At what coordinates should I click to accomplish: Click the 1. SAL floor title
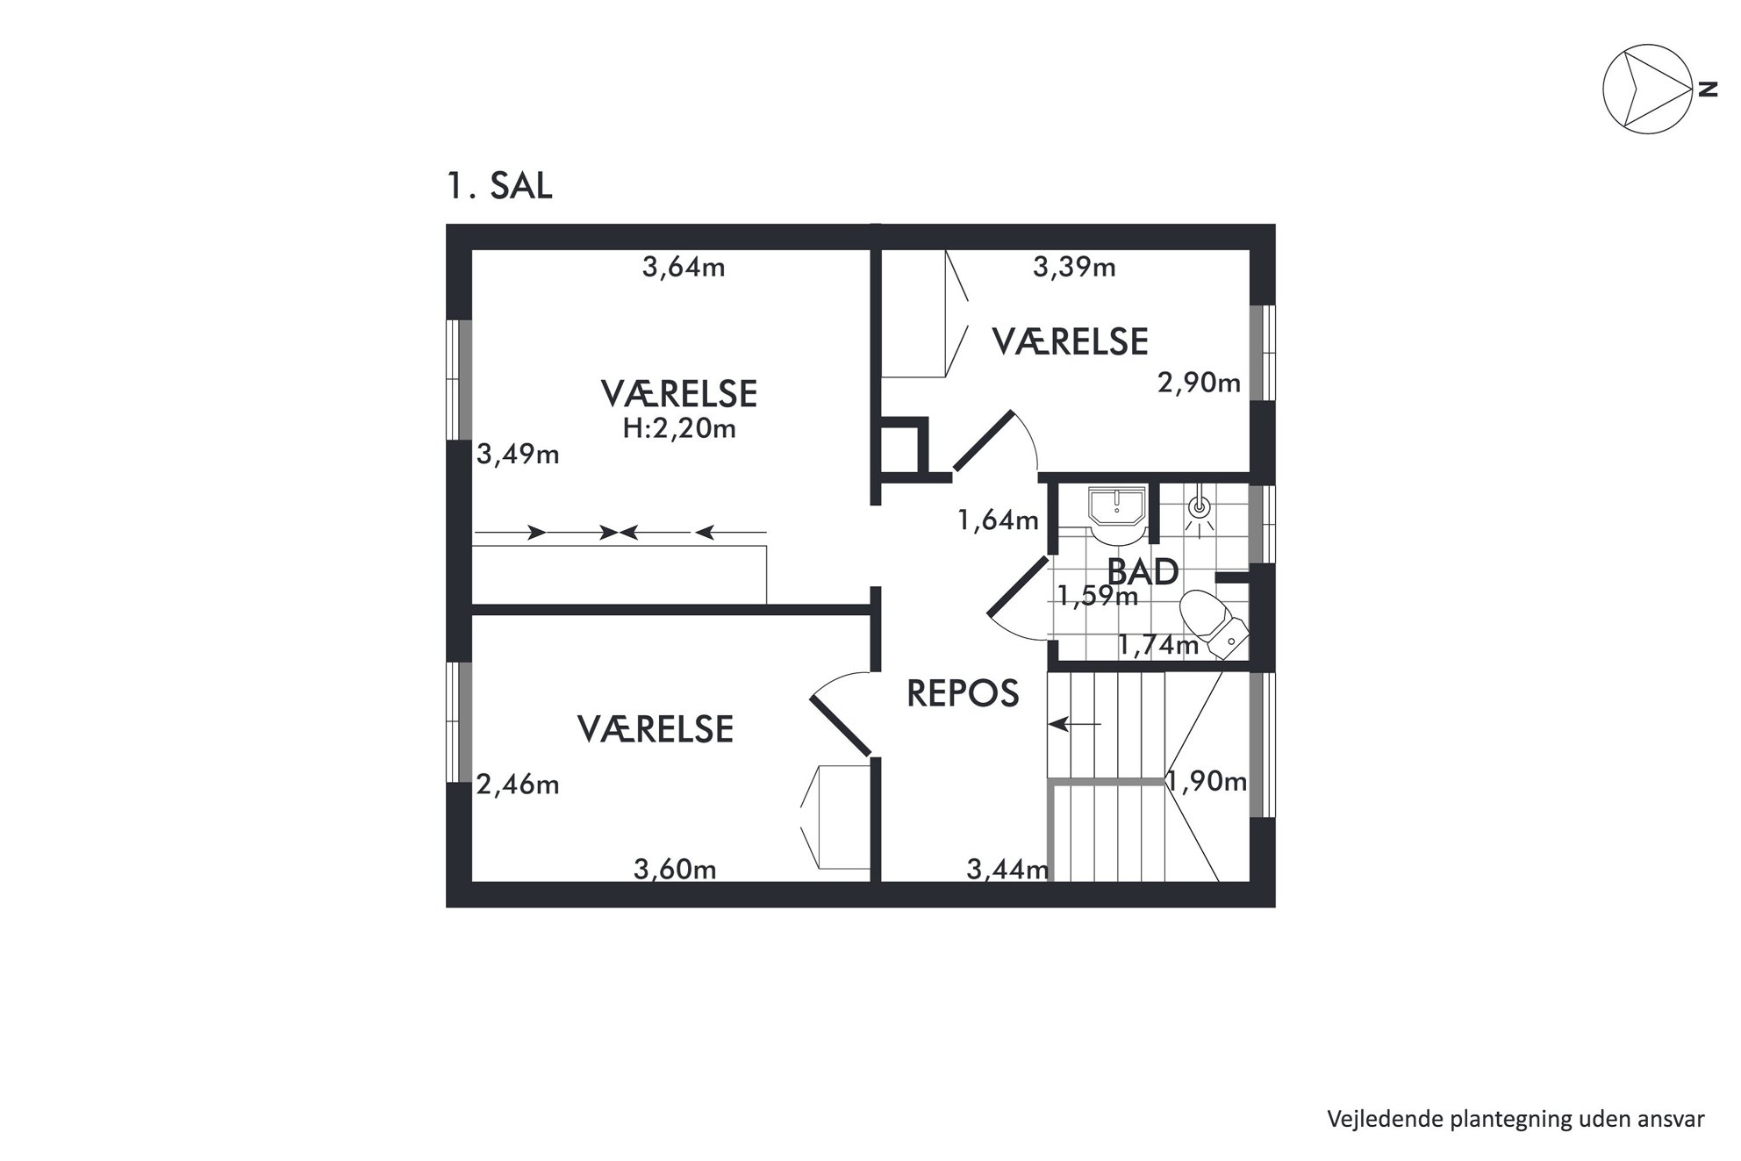(x=499, y=186)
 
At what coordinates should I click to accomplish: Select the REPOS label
(x=963, y=694)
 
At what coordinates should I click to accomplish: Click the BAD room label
(x=1143, y=572)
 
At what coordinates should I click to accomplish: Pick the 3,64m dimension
(x=684, y=267)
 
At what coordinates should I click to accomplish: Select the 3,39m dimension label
(x=1074, y=267)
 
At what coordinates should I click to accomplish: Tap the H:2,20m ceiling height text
(x=679, y=428)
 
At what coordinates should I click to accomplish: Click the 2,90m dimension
(x=1199, y=383)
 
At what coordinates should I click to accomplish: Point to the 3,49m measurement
(x=518, y=455)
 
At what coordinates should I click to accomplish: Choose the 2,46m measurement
(x=518, y=784)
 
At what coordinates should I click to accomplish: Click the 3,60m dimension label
(x=675, y=870)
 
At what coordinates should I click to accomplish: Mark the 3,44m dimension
(x=1008, y=870)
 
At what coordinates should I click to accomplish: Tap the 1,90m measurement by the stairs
(x=1207, y=781)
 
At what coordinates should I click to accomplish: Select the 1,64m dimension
(x=999, y=520)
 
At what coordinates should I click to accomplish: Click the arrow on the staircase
(x=1075, y=724)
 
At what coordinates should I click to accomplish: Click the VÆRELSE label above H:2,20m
(x=679, y=394)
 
